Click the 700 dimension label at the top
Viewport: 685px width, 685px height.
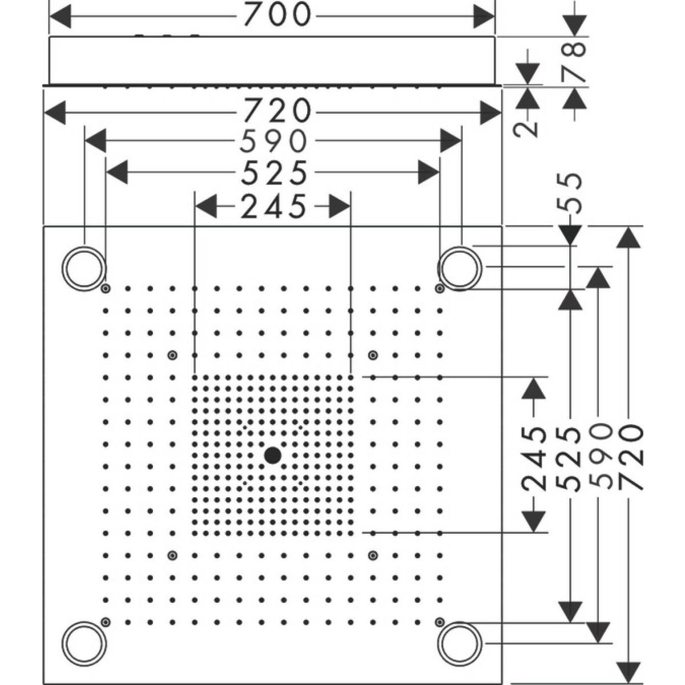pyautogui.click(x=277, y=15)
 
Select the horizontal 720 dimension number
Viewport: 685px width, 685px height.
pyautogui.click(x=277, y=112)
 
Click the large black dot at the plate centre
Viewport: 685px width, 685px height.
pyautogui.click(x=272, y=455)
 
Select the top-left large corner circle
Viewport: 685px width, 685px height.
pyautogui.click(x=84, y=267)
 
